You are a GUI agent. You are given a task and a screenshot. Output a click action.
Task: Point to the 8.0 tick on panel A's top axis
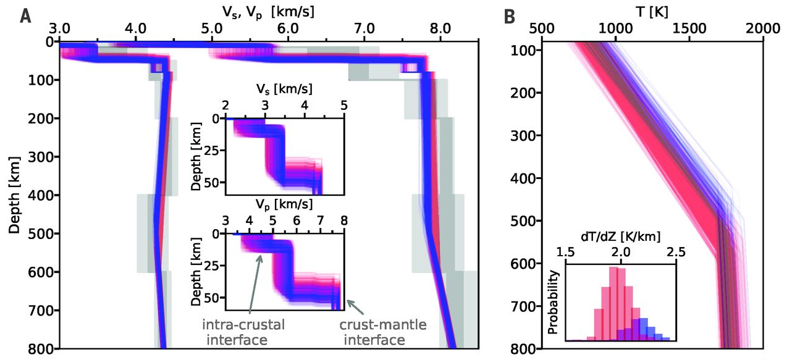(440, 28)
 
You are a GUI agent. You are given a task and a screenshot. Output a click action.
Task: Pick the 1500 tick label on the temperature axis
(689, 28)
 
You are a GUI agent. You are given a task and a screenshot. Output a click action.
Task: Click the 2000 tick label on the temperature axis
(764, 28)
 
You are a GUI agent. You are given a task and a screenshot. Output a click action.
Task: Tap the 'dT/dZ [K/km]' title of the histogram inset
(620, 236)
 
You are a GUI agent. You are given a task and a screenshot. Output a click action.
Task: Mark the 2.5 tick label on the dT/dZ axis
(676, 252)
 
